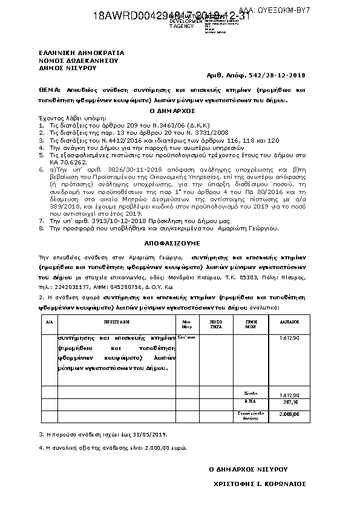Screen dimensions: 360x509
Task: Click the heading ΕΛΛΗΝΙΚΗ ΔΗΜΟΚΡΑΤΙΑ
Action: tap(76, 54)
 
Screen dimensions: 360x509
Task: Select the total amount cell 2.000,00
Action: tap(290, 414)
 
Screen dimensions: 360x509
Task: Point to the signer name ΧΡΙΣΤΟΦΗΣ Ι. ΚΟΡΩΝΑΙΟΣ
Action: tap(260, 484)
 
